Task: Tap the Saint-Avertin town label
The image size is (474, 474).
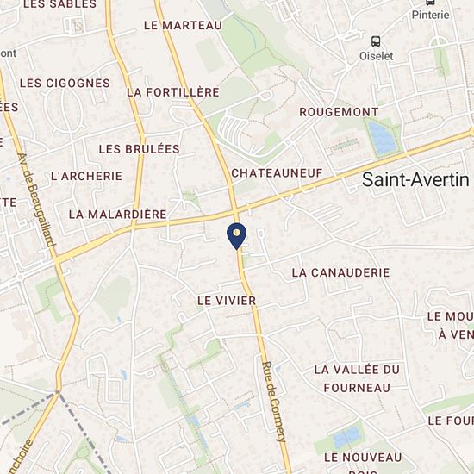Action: (415, 180)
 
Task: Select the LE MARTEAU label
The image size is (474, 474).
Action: (183, 26)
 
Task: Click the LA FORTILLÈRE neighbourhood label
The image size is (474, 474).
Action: (172, 92)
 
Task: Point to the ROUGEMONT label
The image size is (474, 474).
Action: (339, 112)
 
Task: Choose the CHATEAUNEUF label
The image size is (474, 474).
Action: (277, 173)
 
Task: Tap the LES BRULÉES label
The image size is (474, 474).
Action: (139, 149)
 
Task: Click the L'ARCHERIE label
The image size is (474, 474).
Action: (86, 176)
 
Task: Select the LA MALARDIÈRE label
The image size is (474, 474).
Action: (116, 214)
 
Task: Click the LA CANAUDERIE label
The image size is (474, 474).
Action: (340, 272)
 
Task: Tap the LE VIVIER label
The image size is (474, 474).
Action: (227, 301)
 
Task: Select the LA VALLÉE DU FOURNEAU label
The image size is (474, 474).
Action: (357, 378)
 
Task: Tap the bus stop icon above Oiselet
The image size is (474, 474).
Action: (376, 41)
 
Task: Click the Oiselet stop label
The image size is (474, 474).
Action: (376, 56)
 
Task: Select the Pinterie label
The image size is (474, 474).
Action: (430, 15)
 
